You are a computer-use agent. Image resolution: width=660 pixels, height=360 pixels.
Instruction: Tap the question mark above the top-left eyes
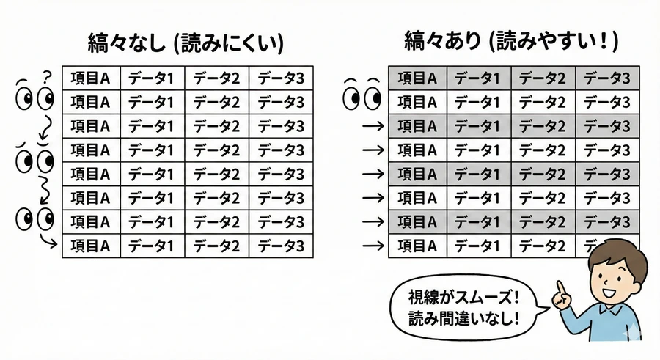tap(47, 76)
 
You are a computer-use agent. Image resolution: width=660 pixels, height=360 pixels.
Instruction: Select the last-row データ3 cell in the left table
tap(280, 245)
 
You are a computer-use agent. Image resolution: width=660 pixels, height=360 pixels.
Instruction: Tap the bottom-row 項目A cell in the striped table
tap(417, 245)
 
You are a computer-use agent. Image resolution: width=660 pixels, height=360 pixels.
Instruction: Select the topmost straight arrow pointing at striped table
tap(373, 126)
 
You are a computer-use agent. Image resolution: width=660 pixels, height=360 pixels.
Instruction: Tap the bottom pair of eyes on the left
tap(34, 218)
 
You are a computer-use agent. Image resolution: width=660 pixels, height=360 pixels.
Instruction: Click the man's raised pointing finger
tap(562, 287)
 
